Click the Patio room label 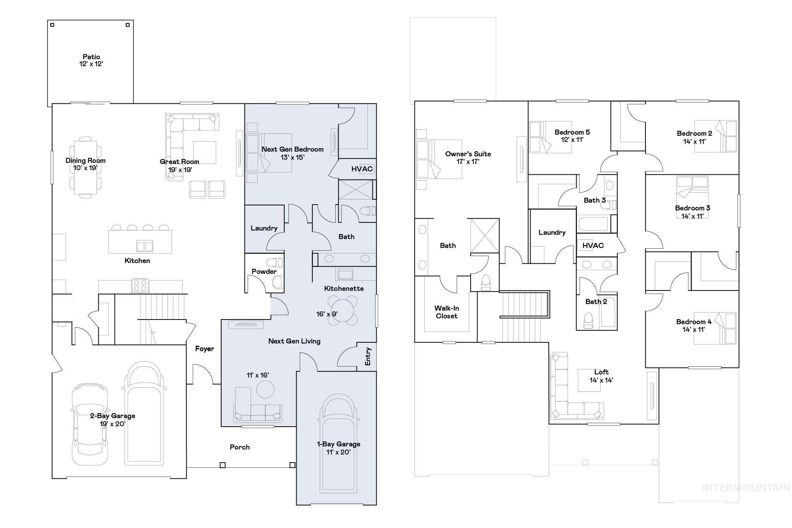(x=91, y=57)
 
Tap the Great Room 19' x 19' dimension (x=180, y=169)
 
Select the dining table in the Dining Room (x=85, y=167)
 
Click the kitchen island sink (x=145, y=246)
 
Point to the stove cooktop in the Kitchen (x=140, y=285)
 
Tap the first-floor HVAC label (x=362, y=169)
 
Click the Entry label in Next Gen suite (x=368, y=356)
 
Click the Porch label (x=239, y=447)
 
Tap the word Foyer (x=204, y=349)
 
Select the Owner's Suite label (x=468, y=154)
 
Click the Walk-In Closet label (x=446, y=312)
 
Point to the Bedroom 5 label (x=572, y=132)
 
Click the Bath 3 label (x=594, y=200)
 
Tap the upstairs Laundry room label (x=552, y=232)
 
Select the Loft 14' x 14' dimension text (x=601, y=380)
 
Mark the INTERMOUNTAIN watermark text (x=746, y=488)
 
